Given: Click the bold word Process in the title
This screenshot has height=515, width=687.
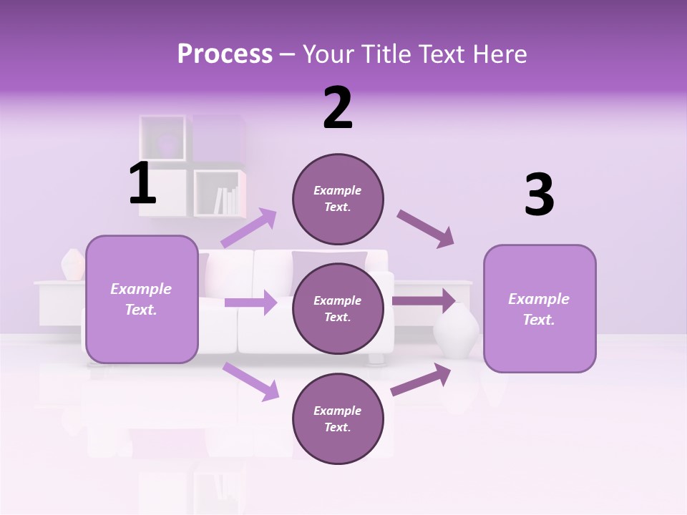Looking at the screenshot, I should pyautogui.click(x=225, y=54).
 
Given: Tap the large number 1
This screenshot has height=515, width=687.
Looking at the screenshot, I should pyautogui.click(x=142, y=184).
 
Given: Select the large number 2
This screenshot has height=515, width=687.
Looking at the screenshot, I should pyautogui.click(x=338, y=108).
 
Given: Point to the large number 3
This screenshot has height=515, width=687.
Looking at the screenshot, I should pyautogui.click(x=539, y=195).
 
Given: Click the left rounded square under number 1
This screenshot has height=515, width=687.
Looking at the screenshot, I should pyautogui.click(x=142, y=299).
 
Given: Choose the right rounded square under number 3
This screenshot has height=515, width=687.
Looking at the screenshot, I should pyautogui.click(x=540, y=308).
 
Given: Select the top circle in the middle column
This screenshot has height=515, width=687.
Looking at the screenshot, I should pyautogui.click(x=338, y=199).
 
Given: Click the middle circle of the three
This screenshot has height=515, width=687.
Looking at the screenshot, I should pyautogui.click(x=338, y=308).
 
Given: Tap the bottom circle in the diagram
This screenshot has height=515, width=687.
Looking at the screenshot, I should pyautogui.click(x=338, y=418).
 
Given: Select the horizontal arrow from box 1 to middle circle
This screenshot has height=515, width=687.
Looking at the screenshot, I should pyautogui.click(x=251, y=303).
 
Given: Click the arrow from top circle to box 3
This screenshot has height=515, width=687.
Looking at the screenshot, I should pyautogui.click(x=426, y=229).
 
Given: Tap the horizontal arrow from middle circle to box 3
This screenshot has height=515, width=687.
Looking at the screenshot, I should pyautogui.click(x=424, y=300).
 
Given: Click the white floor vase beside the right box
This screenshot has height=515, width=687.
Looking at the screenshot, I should pyautogui.click(x=457, y=332).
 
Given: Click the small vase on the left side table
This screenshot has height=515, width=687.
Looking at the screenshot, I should pyautogui.click(x=72, y=265).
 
